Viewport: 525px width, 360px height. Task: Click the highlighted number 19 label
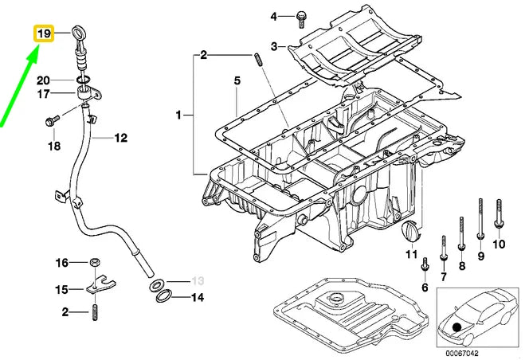coord(42,34)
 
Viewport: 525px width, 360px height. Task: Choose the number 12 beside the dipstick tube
coord(119,138)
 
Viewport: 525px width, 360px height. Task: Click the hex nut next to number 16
coord(94,262)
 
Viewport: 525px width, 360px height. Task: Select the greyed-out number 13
coord(198,280)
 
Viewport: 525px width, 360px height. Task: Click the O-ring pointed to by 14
coord(163,296)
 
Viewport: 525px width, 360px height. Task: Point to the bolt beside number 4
coord(302,15)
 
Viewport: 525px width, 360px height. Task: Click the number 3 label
coord(273,48)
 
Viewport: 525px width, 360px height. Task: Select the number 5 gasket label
coord(237,80)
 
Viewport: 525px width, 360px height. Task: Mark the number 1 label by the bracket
coord(178,115)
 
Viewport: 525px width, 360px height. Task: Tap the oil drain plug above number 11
coord(411,233)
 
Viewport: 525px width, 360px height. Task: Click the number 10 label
coord(500,245)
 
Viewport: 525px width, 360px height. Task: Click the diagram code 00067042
coord(463,352)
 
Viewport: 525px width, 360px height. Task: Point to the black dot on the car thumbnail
coord(456,326)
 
